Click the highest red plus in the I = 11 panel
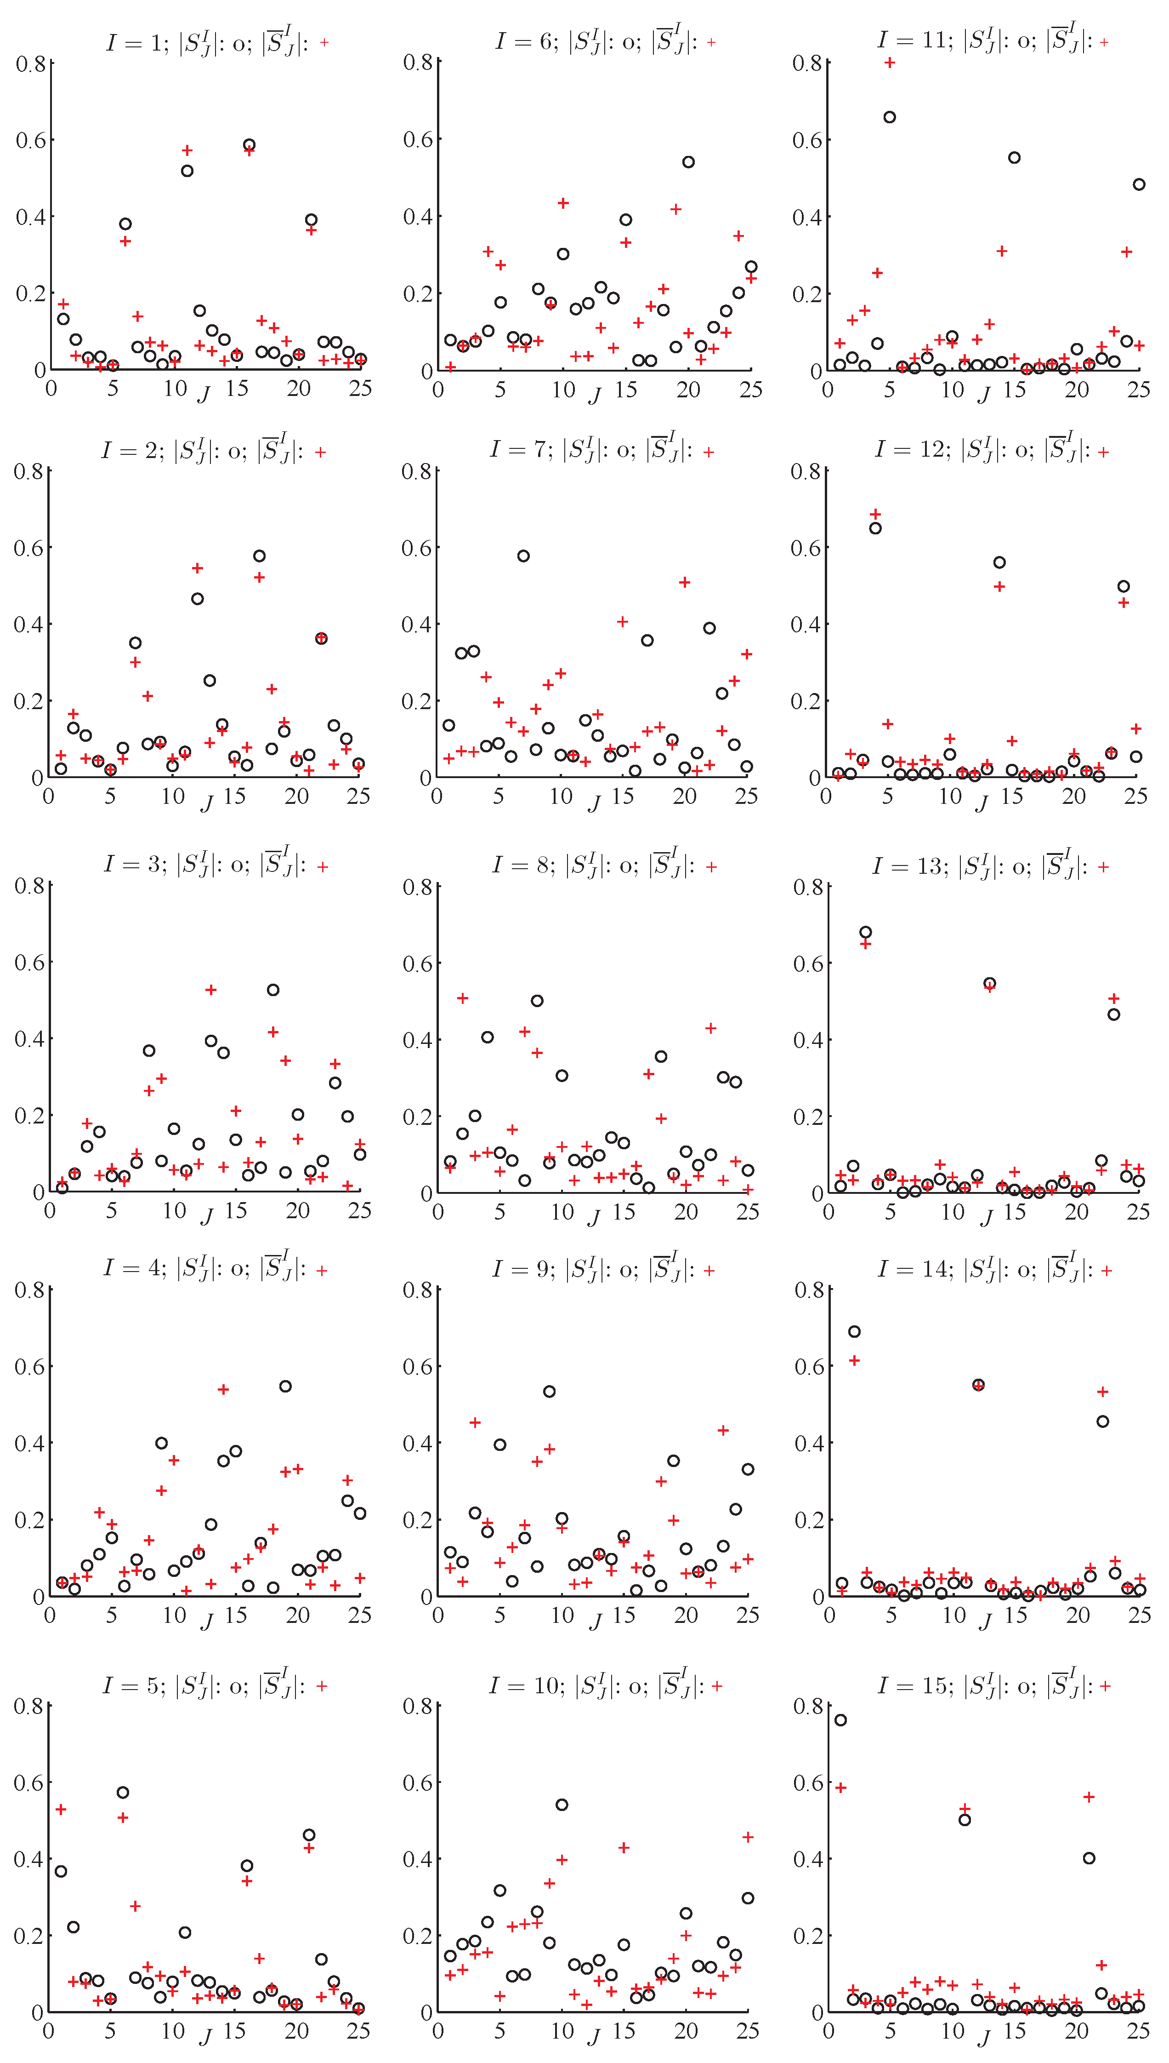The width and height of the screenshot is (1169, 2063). tap(890, 63)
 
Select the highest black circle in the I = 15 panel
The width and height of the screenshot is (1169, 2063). tap(840, 1720)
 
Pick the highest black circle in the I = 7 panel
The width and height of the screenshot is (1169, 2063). tap(523, 556)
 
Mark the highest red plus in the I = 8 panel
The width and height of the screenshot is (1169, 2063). tap(462, 998)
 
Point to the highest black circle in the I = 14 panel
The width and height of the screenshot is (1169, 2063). tap(854, 1331)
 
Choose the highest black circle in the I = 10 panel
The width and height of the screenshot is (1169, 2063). tap(562, 1805)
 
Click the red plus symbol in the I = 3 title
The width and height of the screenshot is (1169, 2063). tap(323, 867)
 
